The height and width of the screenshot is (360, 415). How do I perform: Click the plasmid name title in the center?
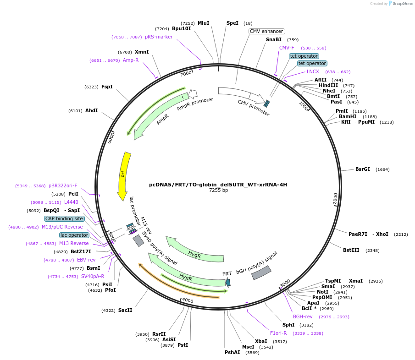pos(218,185)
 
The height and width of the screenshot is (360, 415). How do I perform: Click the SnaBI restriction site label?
pos(274,40)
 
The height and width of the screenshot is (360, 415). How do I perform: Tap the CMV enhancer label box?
pos(266,31)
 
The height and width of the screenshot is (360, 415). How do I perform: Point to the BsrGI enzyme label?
pos(362,169)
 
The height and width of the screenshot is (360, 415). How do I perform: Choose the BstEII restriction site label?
pos(351,250)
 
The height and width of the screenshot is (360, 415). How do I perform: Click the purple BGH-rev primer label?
pos(303,316)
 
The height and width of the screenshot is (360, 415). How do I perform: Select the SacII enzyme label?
pos(125,310)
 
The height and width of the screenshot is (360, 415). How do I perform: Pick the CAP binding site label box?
pos(64,218)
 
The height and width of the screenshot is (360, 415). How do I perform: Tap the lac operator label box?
pos(74,235)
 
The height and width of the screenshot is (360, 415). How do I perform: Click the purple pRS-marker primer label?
pos(159,37)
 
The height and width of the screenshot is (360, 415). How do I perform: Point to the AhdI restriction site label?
pos(91,110)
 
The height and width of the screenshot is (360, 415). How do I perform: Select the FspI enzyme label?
pos(107,87)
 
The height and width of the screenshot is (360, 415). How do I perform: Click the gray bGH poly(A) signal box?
pos(261,273)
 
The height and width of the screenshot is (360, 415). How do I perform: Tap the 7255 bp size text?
pos(218,190)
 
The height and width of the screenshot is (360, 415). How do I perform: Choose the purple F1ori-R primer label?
pos(278,333)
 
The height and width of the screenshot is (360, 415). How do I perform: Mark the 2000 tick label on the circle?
pos(335,199)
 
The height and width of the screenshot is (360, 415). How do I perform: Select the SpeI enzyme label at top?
pos(232,23)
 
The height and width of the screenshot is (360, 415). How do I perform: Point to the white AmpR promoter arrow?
pos(193,94)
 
